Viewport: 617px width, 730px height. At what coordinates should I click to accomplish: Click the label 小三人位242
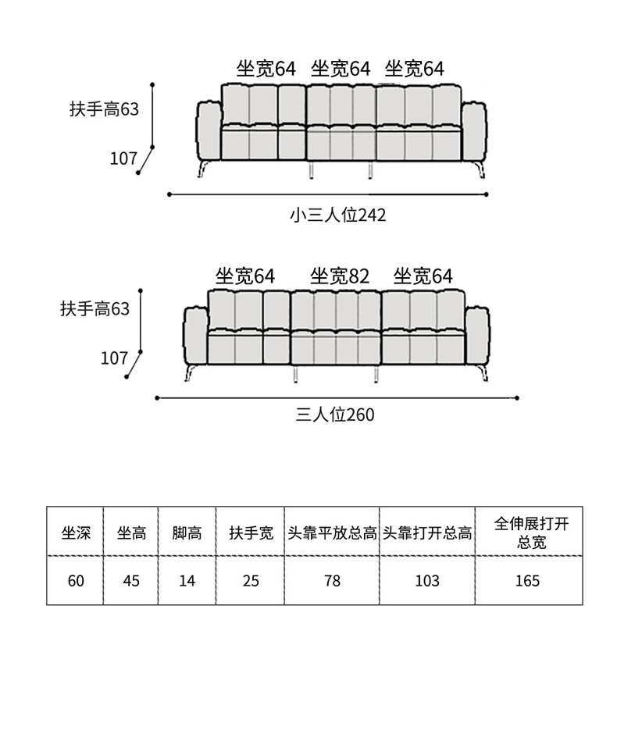pyautogui.click(x=338, y=215)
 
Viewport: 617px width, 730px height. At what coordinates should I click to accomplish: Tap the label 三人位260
pyautogui.click(x=335, y=415)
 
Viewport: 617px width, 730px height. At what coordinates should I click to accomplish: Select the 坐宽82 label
pyautogui.click(x=340, y=276)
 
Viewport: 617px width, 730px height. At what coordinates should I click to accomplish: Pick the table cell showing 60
pyautogui.click(x=76, y=581)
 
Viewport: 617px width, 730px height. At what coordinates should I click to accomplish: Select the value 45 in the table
pyautogui.click(x=131, y=581)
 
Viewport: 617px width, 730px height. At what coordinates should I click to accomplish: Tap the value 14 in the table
pyautogui.click(x=187, y=581)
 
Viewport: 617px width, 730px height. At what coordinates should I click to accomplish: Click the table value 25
pyautogui.click(x=251, y=581)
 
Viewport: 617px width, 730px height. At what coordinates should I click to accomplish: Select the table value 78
pyautogui.click(x=333, y=581)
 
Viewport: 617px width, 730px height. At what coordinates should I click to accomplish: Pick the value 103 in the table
pyautogui.click(x=427, y=581)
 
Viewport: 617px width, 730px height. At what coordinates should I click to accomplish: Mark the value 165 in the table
pyautogui.click(x=528, y=581)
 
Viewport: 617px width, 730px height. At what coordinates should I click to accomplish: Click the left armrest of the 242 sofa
pyautogui.click(x=209, y=131)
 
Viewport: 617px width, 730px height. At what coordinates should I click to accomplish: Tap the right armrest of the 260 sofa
pyautogui.click(x=477, y=337)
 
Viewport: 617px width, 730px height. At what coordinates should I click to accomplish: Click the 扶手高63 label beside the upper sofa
pyautogui.click(x=105, y=109)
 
